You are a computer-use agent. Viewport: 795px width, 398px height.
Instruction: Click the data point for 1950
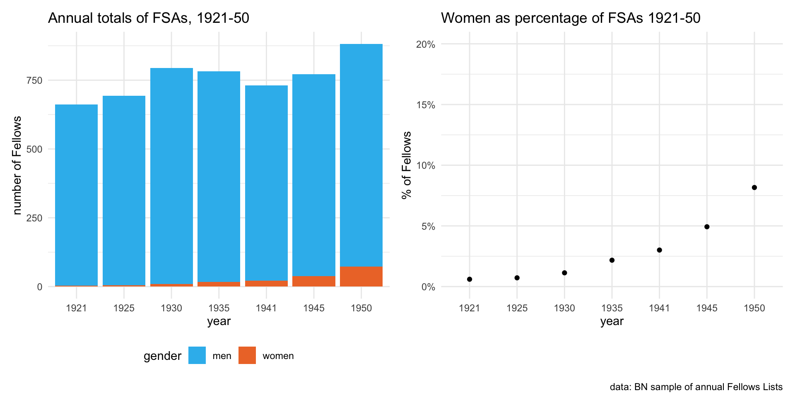point(754,187)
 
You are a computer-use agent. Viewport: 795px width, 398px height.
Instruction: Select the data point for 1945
point(707,227)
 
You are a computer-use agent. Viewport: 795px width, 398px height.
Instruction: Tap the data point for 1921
point(470,279)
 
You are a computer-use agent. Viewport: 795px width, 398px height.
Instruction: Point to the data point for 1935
point(612,260)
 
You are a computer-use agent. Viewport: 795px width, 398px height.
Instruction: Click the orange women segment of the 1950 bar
point(361,277)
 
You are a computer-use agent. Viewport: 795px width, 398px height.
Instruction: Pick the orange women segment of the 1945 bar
point(314,281)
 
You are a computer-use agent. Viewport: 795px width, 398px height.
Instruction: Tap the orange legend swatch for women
point(247,355)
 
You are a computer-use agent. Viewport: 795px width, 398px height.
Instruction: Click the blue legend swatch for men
point(197,355)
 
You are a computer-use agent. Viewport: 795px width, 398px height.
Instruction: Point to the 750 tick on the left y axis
point(34,80)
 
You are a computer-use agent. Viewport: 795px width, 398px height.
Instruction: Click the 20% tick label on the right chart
point(426,44)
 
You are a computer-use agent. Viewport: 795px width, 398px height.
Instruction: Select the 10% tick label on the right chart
point(426,166)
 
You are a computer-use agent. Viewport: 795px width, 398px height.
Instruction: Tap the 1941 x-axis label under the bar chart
point(266,308)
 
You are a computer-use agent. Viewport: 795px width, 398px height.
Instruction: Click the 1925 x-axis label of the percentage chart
point(517,308)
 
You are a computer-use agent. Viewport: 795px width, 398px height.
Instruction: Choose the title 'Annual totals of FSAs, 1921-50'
point(149,18)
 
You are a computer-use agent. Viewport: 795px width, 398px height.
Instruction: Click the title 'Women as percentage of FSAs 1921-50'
point(571,18)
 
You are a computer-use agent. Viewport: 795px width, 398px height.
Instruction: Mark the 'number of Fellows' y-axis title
point(17,165)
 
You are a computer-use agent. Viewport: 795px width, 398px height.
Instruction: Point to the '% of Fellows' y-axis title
point(407,165)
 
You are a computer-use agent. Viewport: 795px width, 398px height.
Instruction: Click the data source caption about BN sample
point(696,387)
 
